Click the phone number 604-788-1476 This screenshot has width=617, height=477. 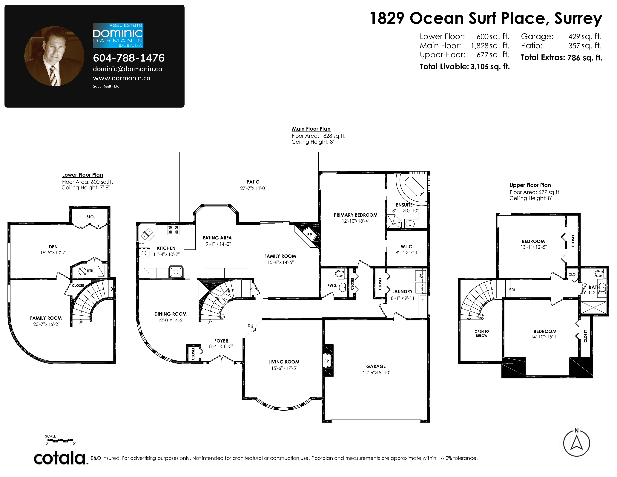point(129,58)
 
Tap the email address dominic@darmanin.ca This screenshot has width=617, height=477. point(127,69)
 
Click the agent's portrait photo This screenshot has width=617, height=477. point(54,56)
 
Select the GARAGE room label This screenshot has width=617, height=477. point(376,366)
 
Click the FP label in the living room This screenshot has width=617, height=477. point(327,361)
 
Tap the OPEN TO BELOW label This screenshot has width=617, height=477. point(482,334)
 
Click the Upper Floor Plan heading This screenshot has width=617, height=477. point(530,185)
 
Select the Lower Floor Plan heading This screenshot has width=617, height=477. point(82,175)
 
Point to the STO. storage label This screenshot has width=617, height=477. point(91,217)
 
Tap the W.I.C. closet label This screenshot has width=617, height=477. point(407,247)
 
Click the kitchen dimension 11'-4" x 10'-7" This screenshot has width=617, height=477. point(166,254)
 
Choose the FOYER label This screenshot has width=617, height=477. point(221,341)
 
